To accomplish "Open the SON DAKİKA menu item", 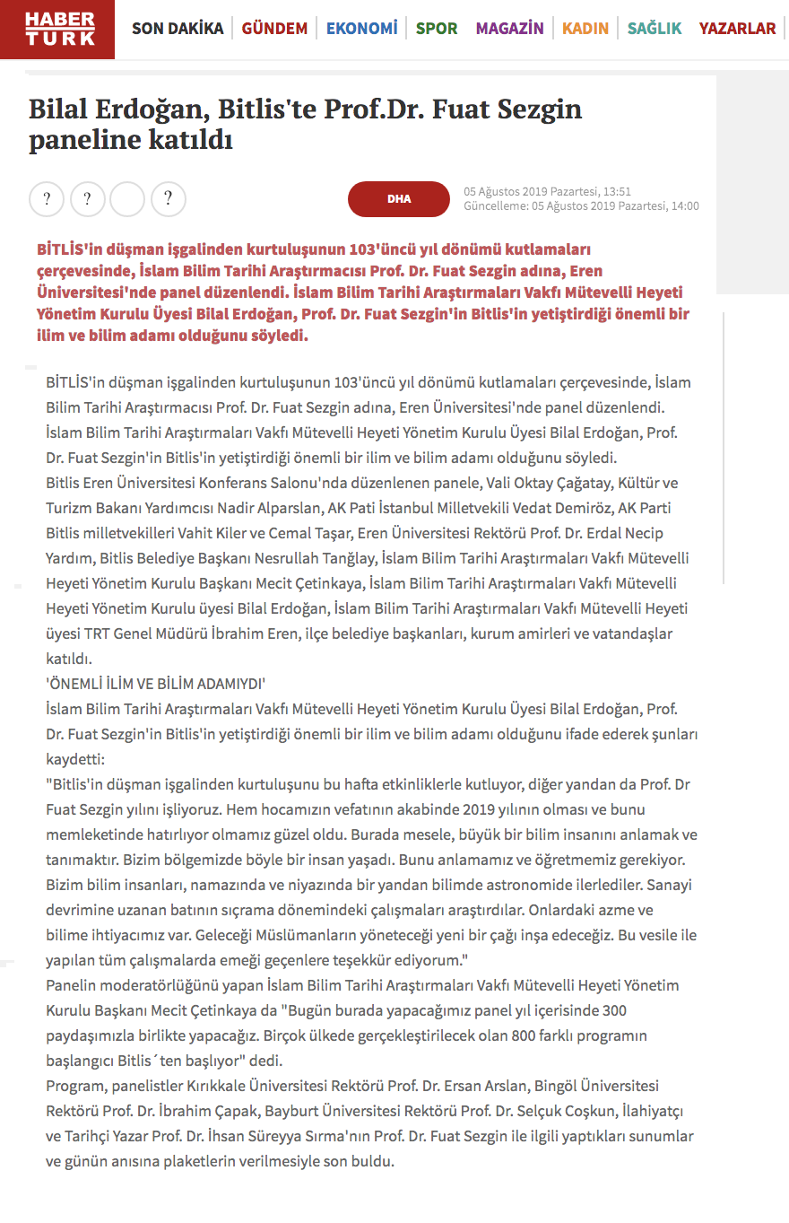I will click(x=178, y=29).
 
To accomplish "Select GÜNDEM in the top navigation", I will click(x=274, y=29).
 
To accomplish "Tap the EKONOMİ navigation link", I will click(x=361, y=29).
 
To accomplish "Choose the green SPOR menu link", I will click(x=437, y=29).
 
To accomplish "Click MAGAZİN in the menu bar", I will click(x=509, y=29).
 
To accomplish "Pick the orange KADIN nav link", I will click(x=585, y=29).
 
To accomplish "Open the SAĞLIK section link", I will click(x=654, y=29).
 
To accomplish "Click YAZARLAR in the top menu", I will click(x=737, y=29).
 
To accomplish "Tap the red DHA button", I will click(x=398, y=199).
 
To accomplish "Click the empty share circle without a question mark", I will click(x=127, y=199).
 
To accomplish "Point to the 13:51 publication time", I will click(x=616, y=191).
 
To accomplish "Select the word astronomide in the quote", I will click(x=521, y=884).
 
